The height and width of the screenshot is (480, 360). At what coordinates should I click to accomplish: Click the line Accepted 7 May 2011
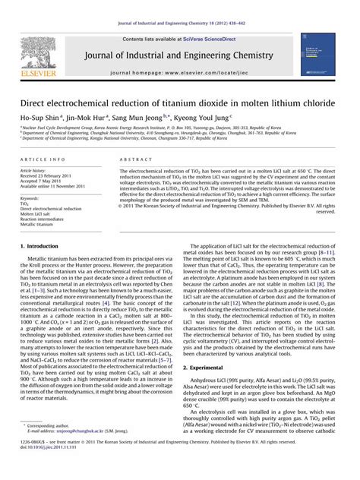coord(42,183)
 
